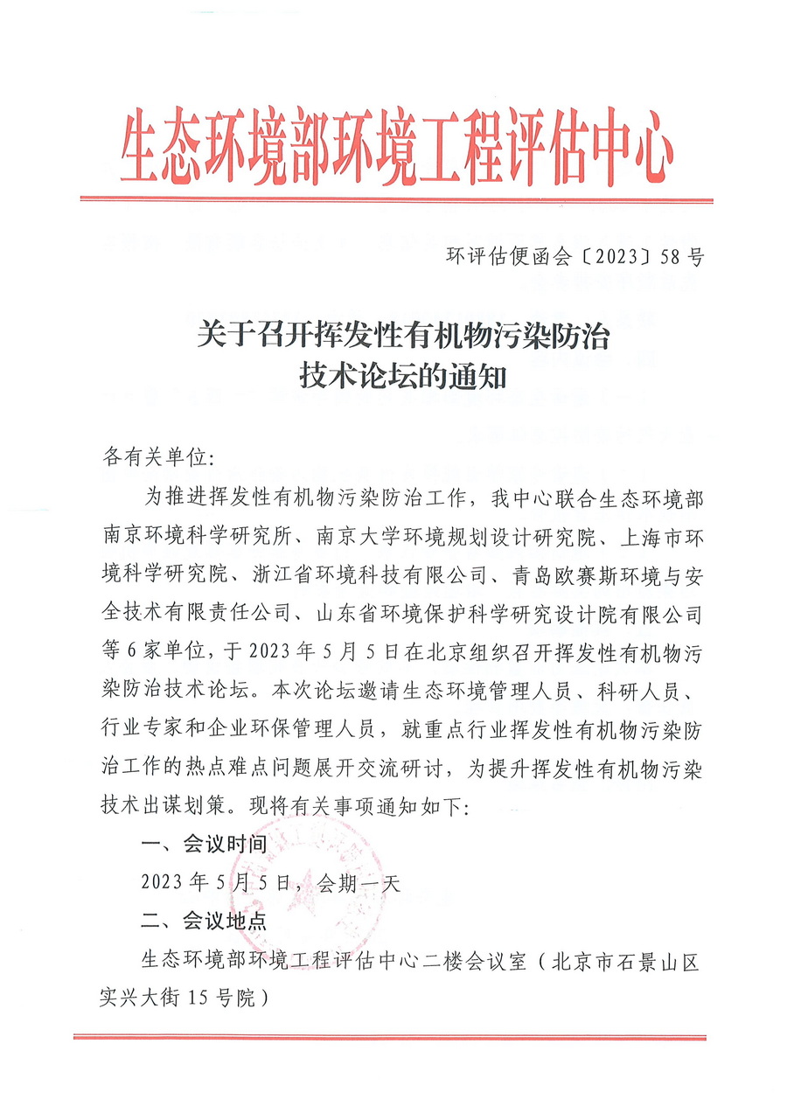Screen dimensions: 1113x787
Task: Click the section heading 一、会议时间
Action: pos(198,844)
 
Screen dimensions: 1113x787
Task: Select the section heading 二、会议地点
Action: pos(198,921)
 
